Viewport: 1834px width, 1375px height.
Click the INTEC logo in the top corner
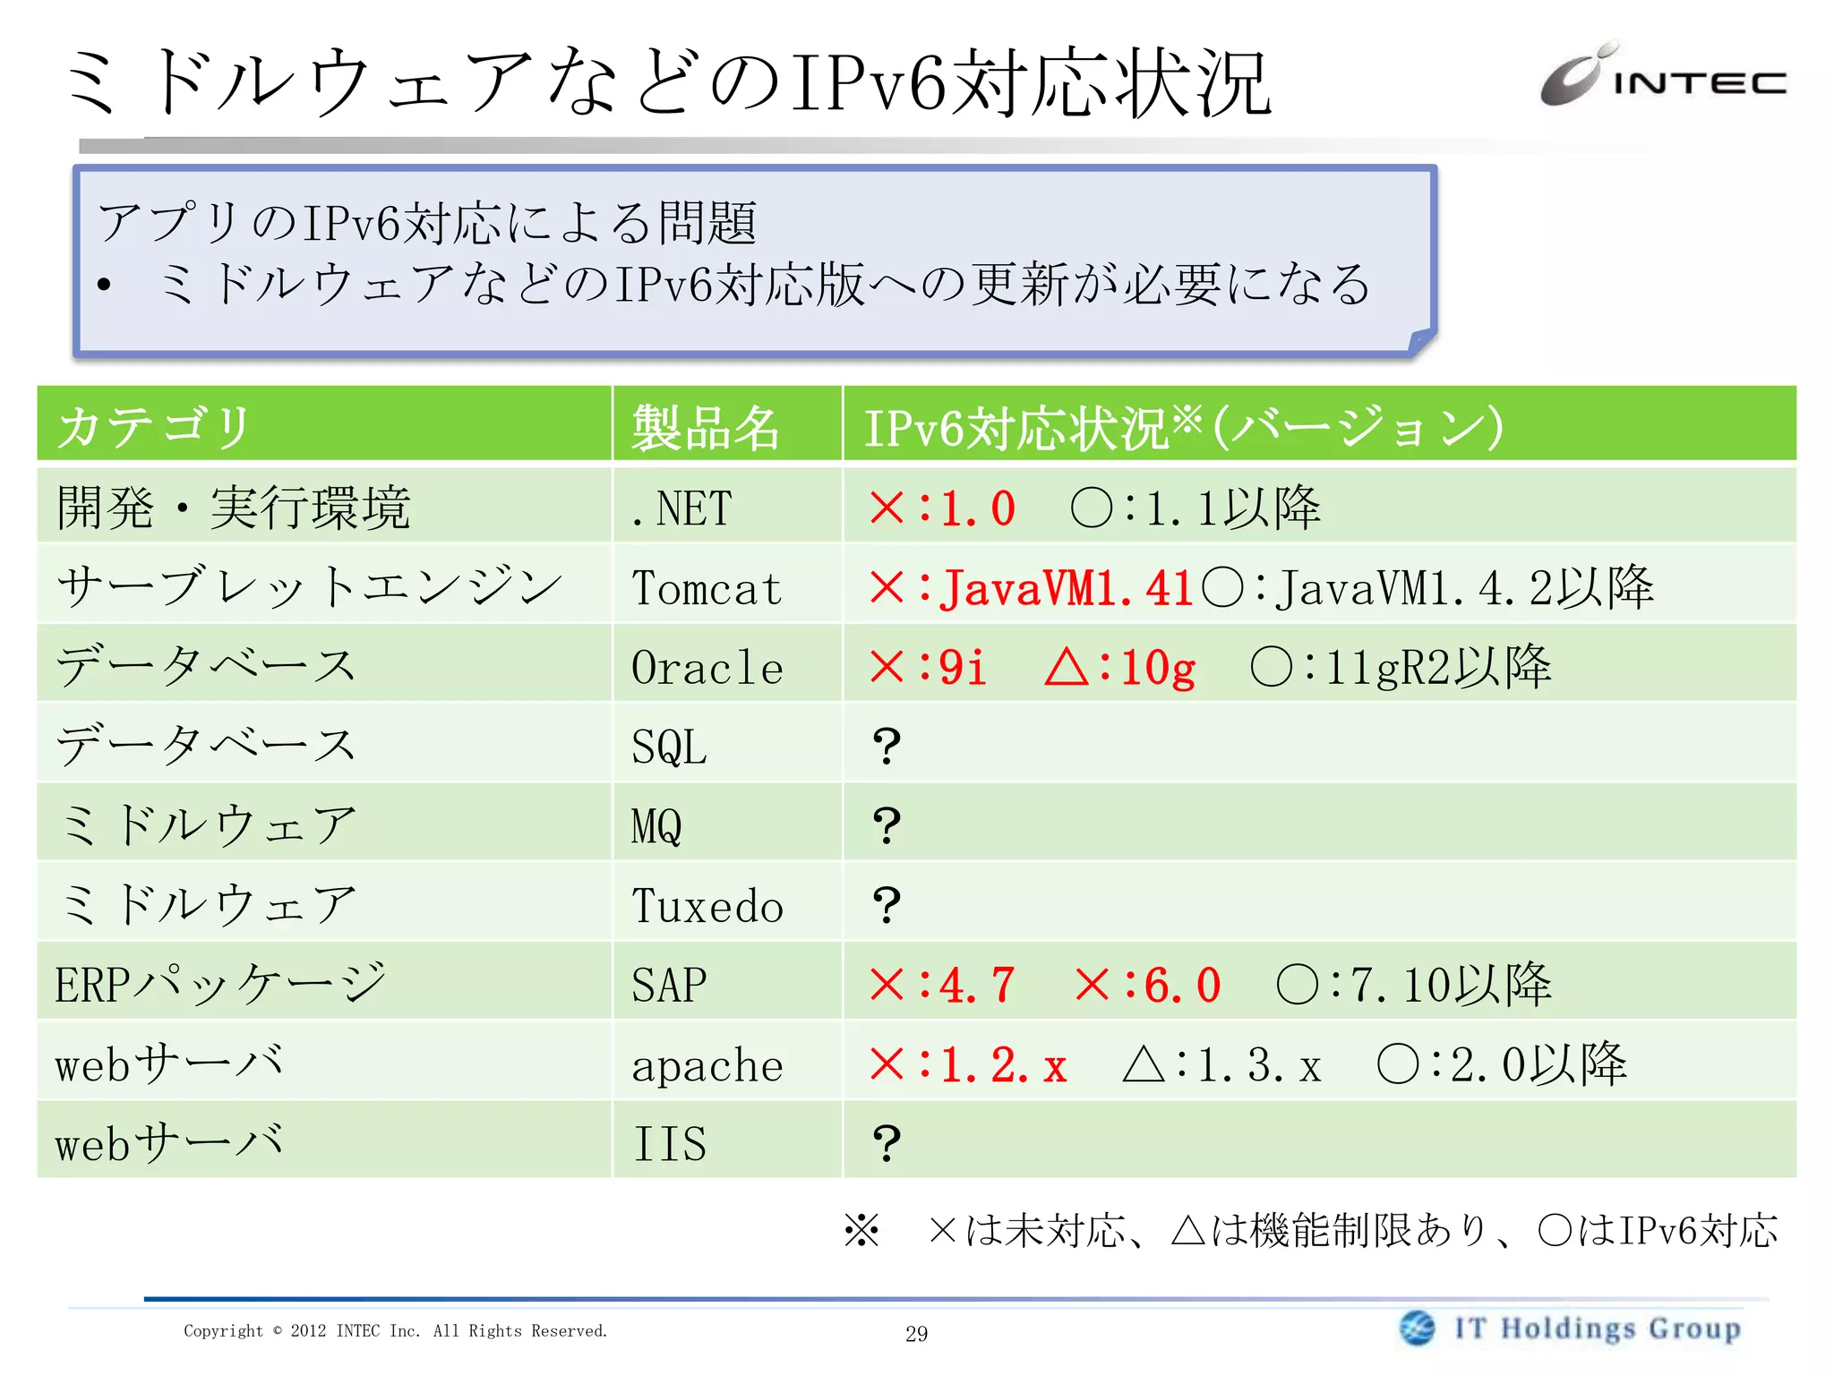pos(1662,77)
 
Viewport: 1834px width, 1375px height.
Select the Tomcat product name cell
pos(707,588)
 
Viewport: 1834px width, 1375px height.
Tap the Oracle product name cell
pos(707,668)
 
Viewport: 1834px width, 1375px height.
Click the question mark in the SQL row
pos(886,746)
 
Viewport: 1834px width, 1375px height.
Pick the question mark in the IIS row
pos(886,1143)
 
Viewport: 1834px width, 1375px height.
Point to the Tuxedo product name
pos(707,906)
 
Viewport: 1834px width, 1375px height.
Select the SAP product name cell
pos(669,986)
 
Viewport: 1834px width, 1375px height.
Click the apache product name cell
pos(707,1065)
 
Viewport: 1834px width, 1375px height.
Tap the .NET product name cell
pos(681,508)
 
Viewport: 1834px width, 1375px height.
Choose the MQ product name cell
pos(656,825)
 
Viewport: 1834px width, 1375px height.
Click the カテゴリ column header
pos(154,426)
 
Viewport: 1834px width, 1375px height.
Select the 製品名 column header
pos(705,427)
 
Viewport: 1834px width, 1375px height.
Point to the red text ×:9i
pos(928,668)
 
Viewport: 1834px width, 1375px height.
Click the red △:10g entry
pos(1119,668)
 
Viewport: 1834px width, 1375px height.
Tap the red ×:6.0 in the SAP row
pos(1147,986)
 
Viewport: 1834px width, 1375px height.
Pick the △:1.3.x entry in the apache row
pos(1221,1065)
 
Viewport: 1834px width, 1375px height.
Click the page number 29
pos(916,1334)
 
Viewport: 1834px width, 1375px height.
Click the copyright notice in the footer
pos(395,1331)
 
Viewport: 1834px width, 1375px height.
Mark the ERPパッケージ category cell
pos(220,985)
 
